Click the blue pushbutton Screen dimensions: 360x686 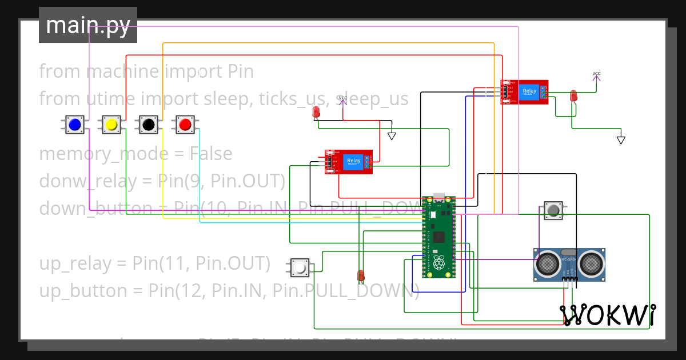pos(74,124)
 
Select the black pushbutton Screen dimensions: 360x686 pos(149,124)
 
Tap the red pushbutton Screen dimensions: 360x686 pos(185,124)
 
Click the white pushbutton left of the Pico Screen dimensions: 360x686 pos(300,267)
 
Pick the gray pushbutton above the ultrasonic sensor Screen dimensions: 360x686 pos(553,211)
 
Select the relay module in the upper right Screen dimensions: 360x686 pos(524,92)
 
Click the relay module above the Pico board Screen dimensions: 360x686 pos(349,162)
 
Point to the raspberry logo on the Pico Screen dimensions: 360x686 pos(439,263)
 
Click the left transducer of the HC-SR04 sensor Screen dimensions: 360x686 pos(548,264)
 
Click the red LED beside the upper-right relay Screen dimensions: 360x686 pos(573,97)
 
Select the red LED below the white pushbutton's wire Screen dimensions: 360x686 pos(361,275)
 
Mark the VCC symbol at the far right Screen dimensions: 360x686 pos(596,74)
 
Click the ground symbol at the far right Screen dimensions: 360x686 pos(621,140)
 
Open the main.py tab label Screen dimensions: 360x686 pos(88,25)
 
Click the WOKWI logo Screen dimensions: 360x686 pos(607,315)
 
